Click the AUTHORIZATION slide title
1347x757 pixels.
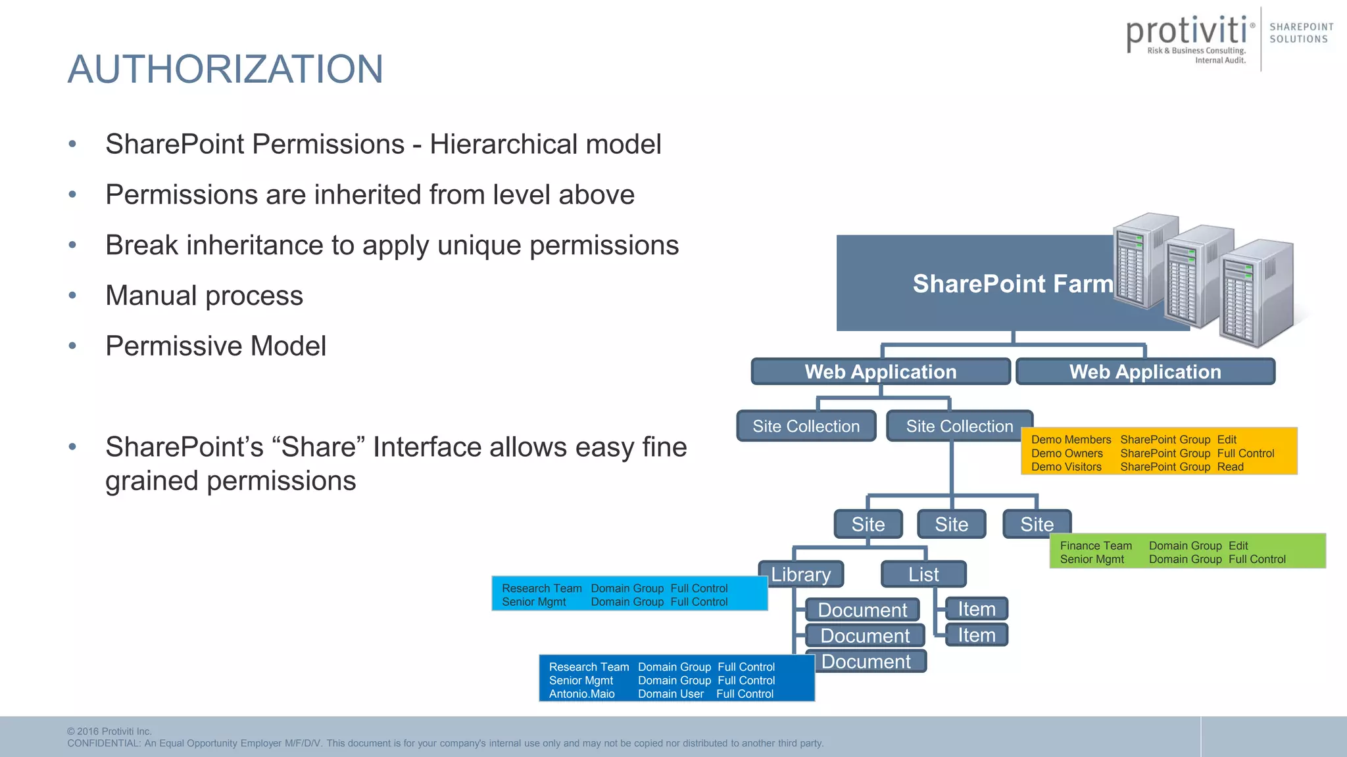coord(225,70)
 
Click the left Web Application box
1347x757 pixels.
coord(881,372)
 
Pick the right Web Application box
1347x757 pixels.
coord(1145,372)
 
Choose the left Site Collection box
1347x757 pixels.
coord(806,426)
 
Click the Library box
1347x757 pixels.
coord(800,574)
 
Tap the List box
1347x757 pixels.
coord(923,574)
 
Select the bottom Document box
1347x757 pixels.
coord(866,662)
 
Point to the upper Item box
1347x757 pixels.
coord(976,609)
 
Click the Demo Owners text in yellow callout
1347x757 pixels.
coord(1067,453)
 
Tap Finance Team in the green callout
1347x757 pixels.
coord(1096,545)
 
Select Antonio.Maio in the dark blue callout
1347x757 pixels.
coord(581,694)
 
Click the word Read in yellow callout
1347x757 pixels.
coord(1230,467)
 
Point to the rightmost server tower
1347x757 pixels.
coord(1256,292)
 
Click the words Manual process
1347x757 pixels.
coord(204,296)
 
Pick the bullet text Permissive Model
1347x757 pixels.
coord(216,346)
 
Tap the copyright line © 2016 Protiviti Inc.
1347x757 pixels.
coord(109,731)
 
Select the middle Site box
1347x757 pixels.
coord(951,524)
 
